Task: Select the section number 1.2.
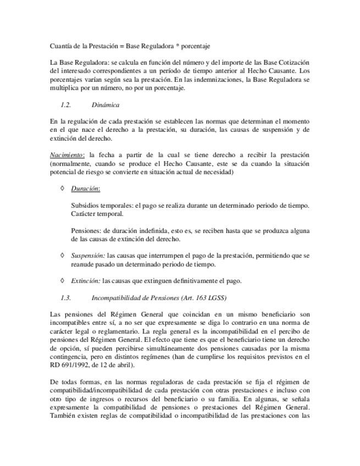[x=66, y=104]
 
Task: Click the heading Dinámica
[x=106, y=104]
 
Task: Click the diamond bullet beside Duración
[x=62, y=188]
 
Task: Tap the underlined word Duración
[x=85, y=188]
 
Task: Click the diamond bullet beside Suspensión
[x=62, y=256]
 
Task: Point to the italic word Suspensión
[x=88, y=256]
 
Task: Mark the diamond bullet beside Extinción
[x=62, y=281]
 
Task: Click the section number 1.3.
[x=66, y=298]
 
